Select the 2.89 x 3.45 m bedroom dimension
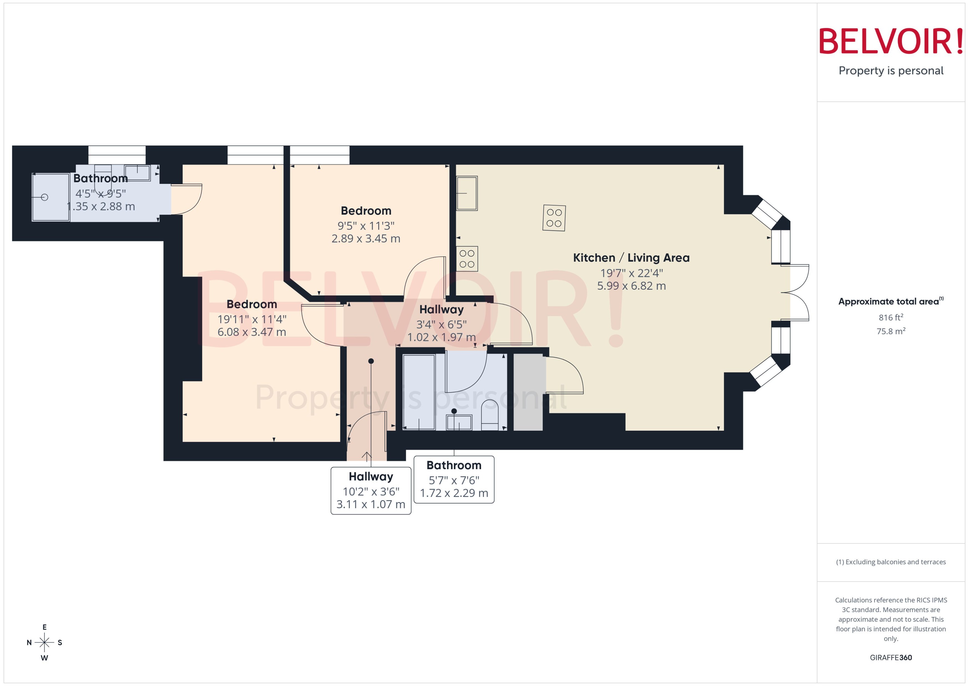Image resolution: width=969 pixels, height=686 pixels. pyautogui.click(x=366, y=239)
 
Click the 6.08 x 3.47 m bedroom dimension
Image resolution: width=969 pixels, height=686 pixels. pyautogui.click(x=252, y=332)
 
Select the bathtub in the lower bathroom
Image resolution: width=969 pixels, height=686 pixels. pyautogui.click(x=418, y=392)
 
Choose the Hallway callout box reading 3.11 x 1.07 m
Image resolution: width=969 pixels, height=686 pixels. pyautogui.click(x=371, y=490)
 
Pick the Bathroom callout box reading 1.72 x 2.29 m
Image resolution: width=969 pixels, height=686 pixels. pyautogui.click(x=453, y=479)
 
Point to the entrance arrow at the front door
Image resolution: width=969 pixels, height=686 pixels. pyautogui.click(x=366, y=456)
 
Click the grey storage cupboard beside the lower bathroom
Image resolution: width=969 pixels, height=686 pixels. pyautogui.click(x=528, y=392)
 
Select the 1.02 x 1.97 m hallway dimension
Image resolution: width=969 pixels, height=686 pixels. pyautogui.click(x=441, y=337)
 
